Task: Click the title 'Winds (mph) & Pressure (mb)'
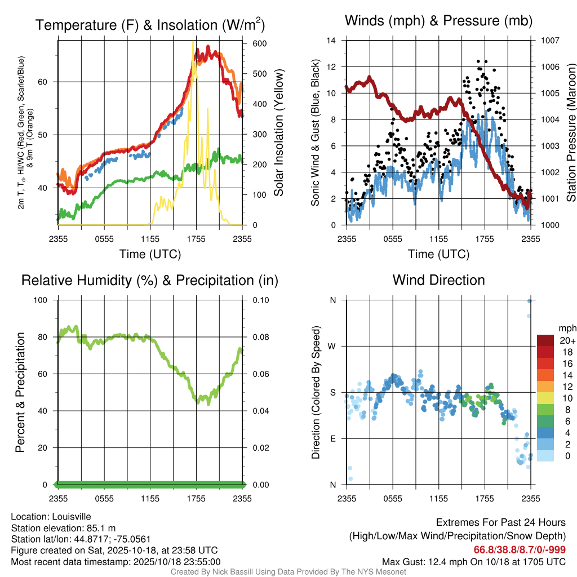pyautogui.click(x=438, y=21)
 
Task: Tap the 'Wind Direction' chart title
pyautogui.click(x=438, y=280)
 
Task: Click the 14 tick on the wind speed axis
pyautogui.click(x=332, y=41)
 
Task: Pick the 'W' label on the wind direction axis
pyautogui.click(x=332, y=346)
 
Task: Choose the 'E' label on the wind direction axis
pyautogui.click(x=332, y=438)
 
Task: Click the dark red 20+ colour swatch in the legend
pyautogui.click(x=545, y=341)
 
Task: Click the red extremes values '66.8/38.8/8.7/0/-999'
pyautogui.click(x=520, y=549)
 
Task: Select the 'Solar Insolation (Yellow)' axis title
pyautogui.click(x=278, y=132)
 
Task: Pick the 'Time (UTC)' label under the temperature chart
pyautogui.click(x=150, y=254)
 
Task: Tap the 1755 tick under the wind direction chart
pyautogui.click(x=485, y=499)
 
